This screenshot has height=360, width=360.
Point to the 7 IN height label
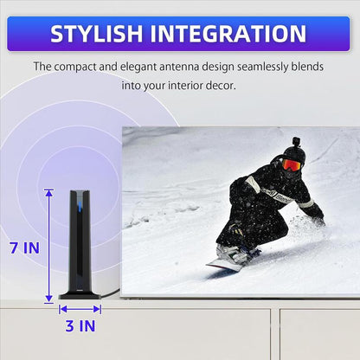[x=24, y=247]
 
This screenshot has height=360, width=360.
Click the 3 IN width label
[x=80, y=326]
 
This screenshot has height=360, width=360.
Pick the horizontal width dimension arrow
[x=80, y=308]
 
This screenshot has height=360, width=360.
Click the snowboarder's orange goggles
[x=292, y=164]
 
